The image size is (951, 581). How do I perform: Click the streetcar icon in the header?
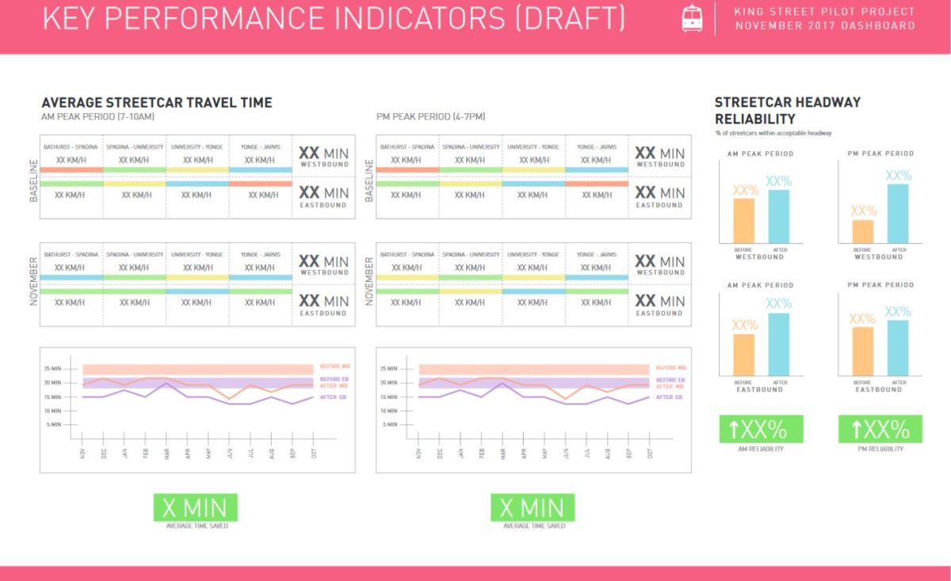tap(691, 19)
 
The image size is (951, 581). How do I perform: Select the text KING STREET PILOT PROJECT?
tap(824, 12)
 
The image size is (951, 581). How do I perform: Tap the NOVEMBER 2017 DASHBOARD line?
tap(824, 25)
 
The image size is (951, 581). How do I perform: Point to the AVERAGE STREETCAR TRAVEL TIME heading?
tap(156, 103)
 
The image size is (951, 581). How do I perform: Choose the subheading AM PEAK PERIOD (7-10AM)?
tap(97, 117)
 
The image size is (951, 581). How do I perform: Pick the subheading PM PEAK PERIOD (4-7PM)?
tap(431, 117)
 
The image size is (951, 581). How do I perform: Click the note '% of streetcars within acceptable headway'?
tap(773, 133)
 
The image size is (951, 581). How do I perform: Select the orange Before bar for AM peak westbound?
tap(743, 220)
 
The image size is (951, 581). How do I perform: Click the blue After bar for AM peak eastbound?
tap(779, 344)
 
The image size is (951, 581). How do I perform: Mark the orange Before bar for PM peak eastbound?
tap(862, 351)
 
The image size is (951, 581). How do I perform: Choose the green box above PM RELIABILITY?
tap(880, 429)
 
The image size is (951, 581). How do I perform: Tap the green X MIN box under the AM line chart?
tap(194, 507)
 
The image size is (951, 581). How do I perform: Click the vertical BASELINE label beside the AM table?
tap(34, 180)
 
